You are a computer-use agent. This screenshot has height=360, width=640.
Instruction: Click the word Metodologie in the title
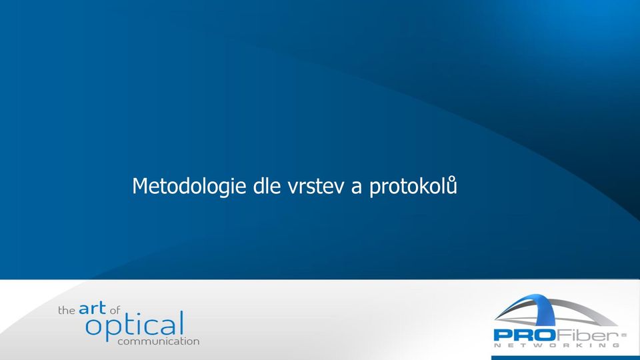[189, 187]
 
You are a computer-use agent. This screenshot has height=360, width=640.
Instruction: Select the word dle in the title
[267, 186]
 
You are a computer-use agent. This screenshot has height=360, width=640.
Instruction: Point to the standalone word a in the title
[356, 189]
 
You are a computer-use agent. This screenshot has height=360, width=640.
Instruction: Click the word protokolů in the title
[413, 187]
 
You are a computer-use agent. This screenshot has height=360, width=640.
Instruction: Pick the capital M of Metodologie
[139, 186]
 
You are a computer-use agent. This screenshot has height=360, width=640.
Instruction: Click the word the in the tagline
[67, 311]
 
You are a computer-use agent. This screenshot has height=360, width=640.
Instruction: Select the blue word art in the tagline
[92, 308]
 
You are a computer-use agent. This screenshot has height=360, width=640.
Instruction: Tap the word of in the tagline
[115, 310]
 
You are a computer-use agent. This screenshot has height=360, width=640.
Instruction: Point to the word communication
[159, 341]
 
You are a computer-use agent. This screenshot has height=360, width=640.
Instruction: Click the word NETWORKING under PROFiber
[557, 345]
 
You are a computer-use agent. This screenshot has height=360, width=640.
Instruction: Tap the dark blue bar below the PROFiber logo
[565, 358]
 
